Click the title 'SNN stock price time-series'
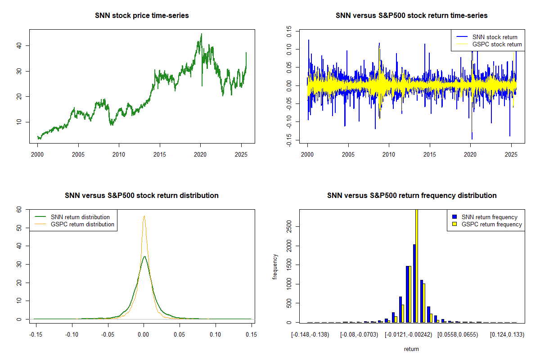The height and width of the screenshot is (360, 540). tap(142, 16)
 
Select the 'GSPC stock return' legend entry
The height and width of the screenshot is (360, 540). tap(497, 44)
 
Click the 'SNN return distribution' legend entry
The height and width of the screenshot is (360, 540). tap(80, 217)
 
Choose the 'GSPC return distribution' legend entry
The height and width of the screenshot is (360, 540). tap(82, 224)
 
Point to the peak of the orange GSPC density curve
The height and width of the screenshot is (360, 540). tap(144, 216)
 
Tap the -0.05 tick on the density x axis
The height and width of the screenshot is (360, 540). tap(108, 335)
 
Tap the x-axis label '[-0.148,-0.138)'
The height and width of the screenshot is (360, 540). tap(310, 335)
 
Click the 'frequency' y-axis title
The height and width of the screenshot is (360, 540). tap(275, 267)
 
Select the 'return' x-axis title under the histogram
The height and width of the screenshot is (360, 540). tap(411, 349)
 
